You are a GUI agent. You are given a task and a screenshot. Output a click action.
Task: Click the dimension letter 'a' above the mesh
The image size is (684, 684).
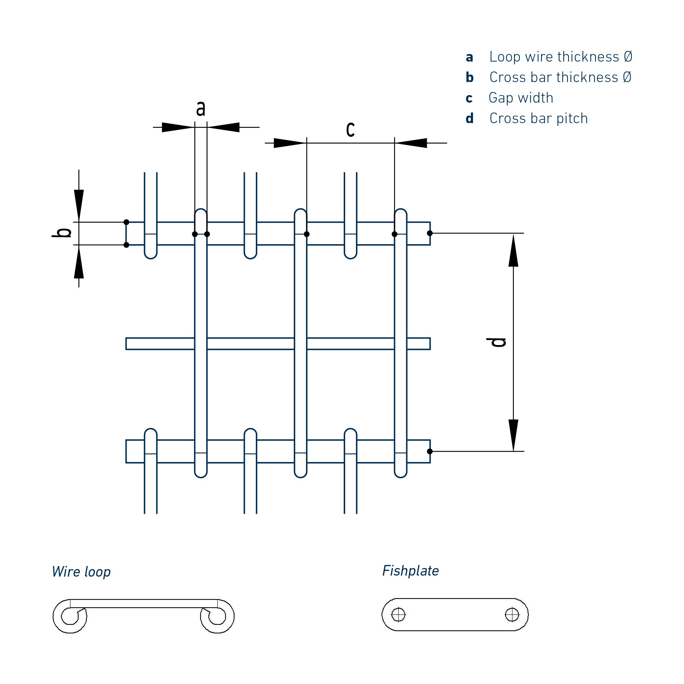[201, 108]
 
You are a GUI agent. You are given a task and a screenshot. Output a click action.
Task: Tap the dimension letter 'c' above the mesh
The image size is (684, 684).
[350, 129]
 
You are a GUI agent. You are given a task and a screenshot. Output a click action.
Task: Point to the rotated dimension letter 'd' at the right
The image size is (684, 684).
[496, 342]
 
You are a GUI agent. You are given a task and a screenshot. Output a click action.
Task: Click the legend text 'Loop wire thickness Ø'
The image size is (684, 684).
[561, 57]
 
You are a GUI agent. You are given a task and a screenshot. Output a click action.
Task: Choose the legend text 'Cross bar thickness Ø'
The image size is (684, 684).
[560, 78]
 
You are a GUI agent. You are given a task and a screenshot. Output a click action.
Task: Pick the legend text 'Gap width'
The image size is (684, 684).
[521, 98]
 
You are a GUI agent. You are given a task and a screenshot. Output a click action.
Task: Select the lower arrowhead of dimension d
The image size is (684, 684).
[513, 435]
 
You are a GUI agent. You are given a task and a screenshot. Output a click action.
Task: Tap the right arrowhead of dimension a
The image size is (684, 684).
[224, 127]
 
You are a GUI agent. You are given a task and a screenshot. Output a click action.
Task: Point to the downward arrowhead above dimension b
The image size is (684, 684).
[79, 205]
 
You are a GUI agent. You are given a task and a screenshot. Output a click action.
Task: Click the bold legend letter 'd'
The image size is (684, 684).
[470, 119]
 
